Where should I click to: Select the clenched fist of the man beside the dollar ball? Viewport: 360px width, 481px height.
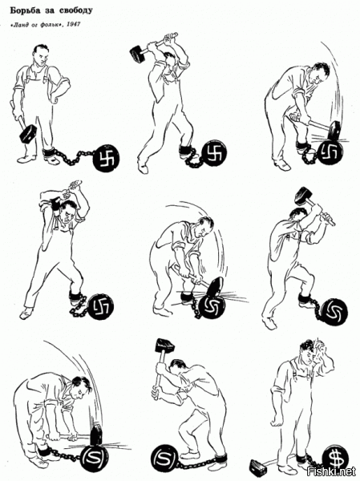[277, 419]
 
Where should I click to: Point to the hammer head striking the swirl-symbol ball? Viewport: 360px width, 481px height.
[216, 288]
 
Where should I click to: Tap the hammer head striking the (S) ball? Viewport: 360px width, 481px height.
[95, 434]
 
